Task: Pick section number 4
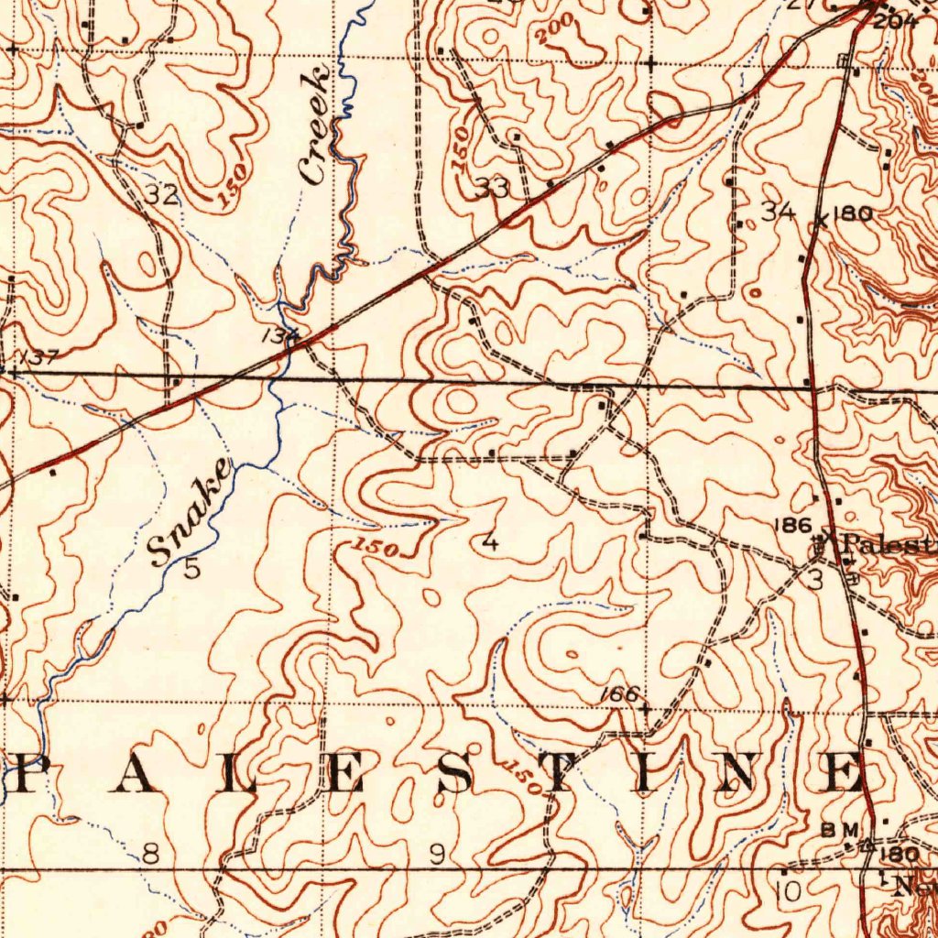pos(491,542)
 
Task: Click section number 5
pos(191,569)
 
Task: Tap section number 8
pos(150,855)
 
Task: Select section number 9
pos(438,855)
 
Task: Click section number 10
pos(787,889)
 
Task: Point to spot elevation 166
pos(619,694)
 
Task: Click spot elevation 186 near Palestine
pos(792,525)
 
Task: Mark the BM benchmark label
pos(840,829)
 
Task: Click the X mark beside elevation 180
pos(822,220)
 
